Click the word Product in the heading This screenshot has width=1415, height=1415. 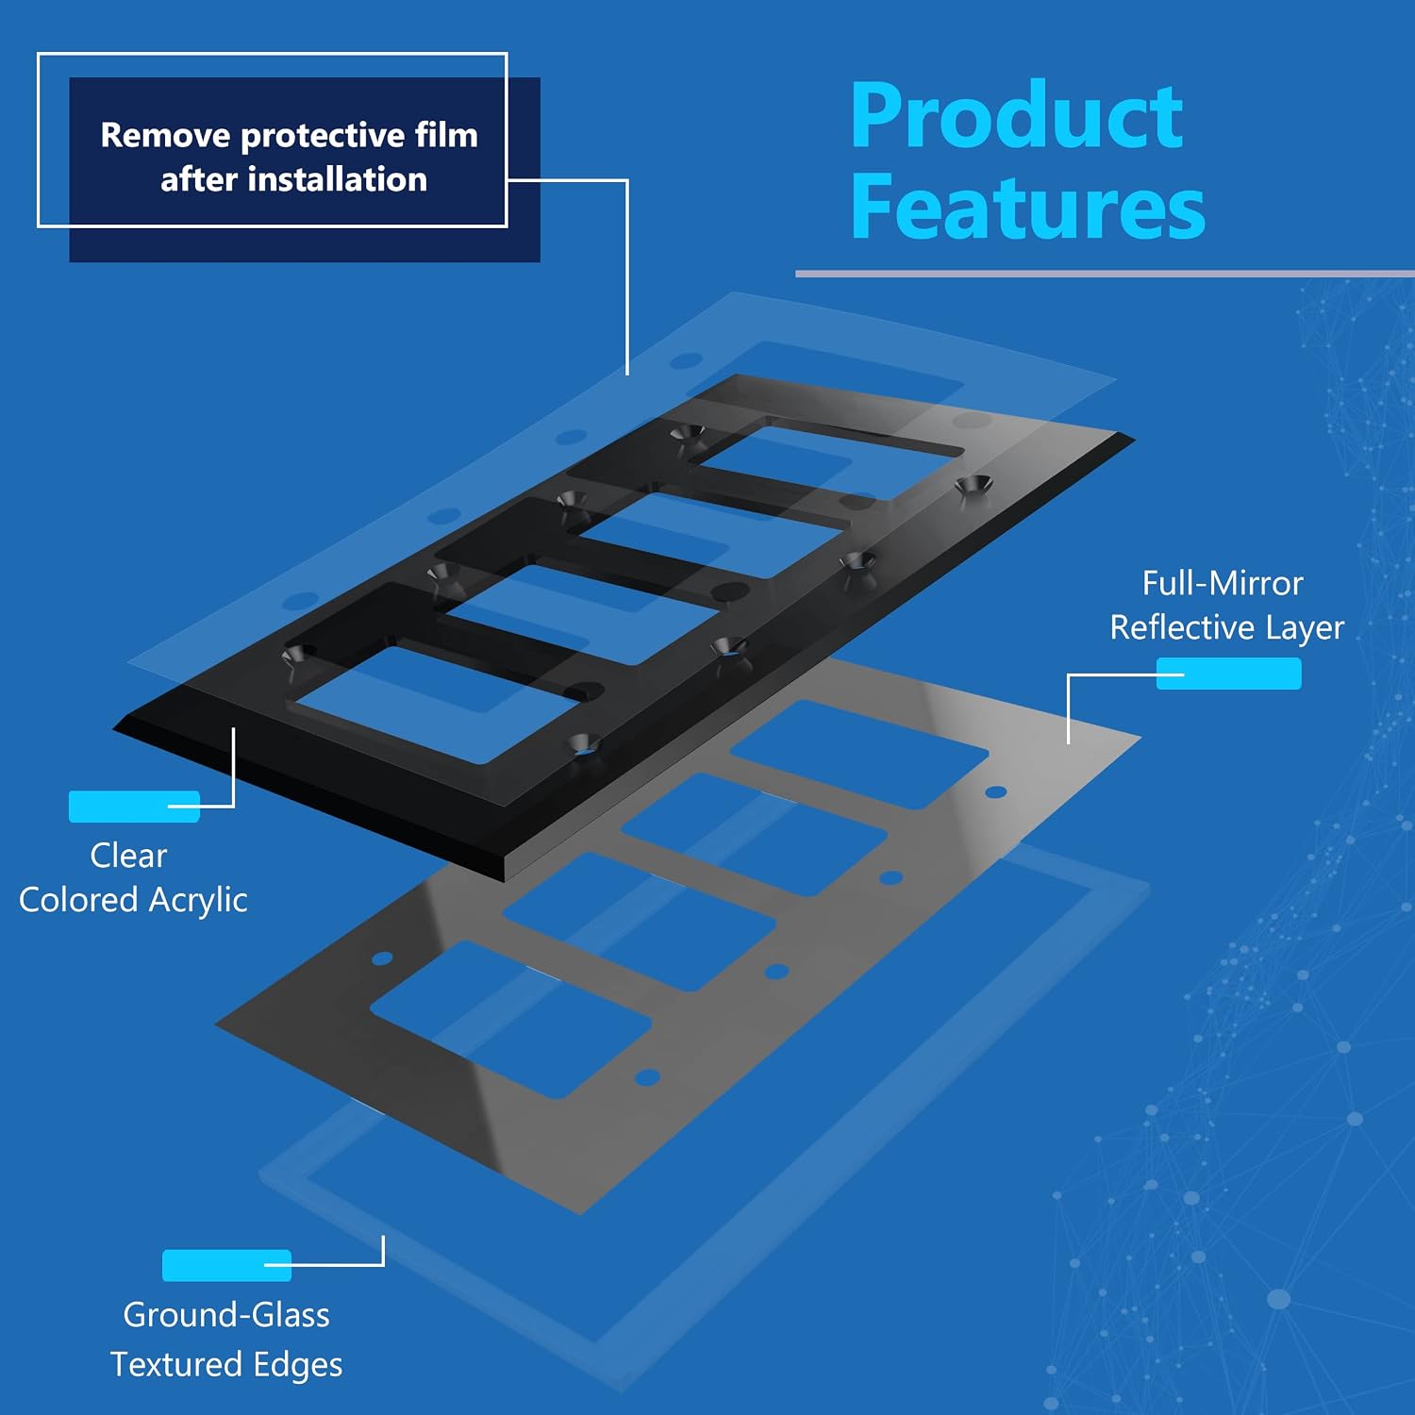click(1017, 116)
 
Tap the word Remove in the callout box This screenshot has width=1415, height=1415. click(166, 135)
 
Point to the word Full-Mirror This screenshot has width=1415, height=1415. click(1223, 583)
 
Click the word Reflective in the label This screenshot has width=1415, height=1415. click(1182, 627)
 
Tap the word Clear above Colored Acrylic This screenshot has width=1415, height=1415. click(128, 855)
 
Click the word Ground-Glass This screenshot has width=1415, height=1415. click(226, 1314)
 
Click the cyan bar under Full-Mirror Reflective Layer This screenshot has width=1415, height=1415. click(1229, 674)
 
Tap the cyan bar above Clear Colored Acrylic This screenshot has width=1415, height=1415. click(134, 807)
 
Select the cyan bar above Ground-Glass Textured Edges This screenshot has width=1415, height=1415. click(226, 1265)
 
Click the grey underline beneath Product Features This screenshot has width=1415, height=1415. click(1105, 275)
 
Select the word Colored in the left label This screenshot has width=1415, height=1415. click(78, 900)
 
